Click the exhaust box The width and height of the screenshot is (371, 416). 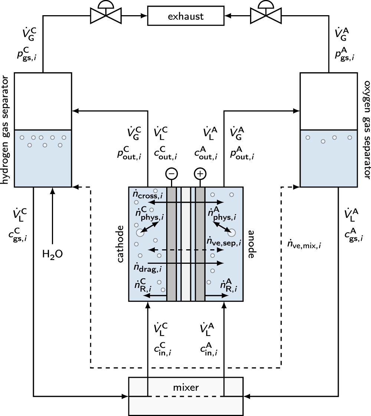[x=185, y=16]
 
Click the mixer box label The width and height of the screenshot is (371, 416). [x=185, y=388]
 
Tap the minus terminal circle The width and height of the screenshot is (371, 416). [x=172, y=174]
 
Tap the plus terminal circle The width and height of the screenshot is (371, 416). [x=200, y=174]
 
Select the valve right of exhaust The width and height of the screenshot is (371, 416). [x=266, y=15]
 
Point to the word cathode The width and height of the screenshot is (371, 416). [x=121, y=246]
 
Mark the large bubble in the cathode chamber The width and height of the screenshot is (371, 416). [x=140, y=233]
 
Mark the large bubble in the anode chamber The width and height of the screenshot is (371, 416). [x=232, y=233]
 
